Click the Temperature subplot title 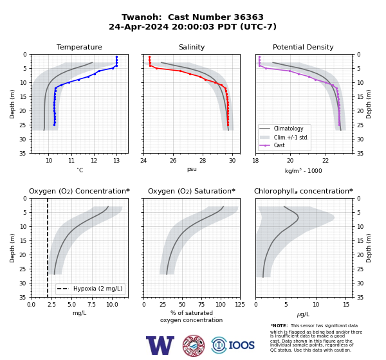[79, 47]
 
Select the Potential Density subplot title [303, 47]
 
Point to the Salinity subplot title [192, 47]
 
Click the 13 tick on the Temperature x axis [116, 161]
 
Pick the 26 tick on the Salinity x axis [173, 161]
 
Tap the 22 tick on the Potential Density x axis [326, 161]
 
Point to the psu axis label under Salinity [192, 169]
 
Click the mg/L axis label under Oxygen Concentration [79, 313]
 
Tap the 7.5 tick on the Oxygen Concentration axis [91, 305]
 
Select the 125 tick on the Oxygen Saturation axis [240, 305]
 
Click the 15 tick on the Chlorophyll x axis [346, 305]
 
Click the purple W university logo [160, 345]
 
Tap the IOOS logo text [241, 345]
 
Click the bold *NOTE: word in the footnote [279, 325]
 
